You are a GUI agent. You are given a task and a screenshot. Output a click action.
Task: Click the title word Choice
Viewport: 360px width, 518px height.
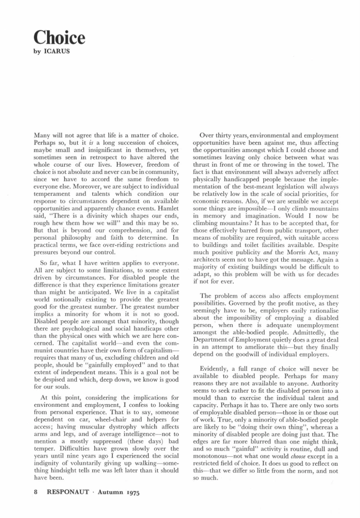58,38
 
